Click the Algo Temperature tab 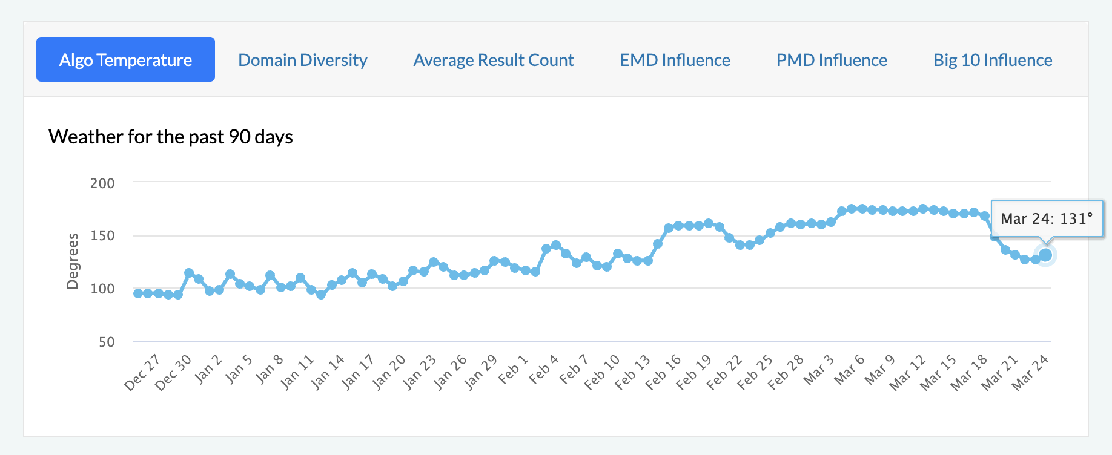(x=125, y=60)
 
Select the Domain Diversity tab (x=303, y=60)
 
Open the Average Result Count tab (x=494, y=60)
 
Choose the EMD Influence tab (x=675, y=60)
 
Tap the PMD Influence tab (x=832, y=60)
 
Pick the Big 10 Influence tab (x=993, y=60)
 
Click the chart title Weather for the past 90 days (x=171, y=137)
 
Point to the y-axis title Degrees (x=73, y=261)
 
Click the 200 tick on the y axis (x=102, y=183)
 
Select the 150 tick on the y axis (x=102, y=236)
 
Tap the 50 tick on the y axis (x=107, y=342)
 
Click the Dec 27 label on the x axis (x=142, y=372)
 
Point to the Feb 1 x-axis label (x=514, y=370)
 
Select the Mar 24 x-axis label (x=1030, y=372)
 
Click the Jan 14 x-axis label (x=328, y=372)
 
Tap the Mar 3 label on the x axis (x=819, y=370)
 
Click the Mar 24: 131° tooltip (x=1047, y=218)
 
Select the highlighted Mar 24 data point (x=1045, y=255)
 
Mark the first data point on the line (x=138, y=293)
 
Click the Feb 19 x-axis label (x=694, y=372)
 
